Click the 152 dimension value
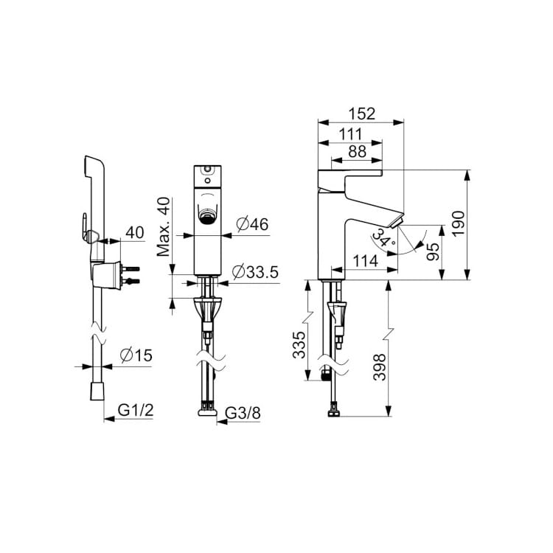(362, 114)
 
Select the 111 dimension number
(351, 134)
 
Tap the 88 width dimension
(358, 152)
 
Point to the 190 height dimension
(459, 223)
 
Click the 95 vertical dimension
(433, 251)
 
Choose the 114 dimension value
(366, 261)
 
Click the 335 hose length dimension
(299, 344)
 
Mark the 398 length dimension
(380, 367)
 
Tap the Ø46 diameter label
(252, 224)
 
